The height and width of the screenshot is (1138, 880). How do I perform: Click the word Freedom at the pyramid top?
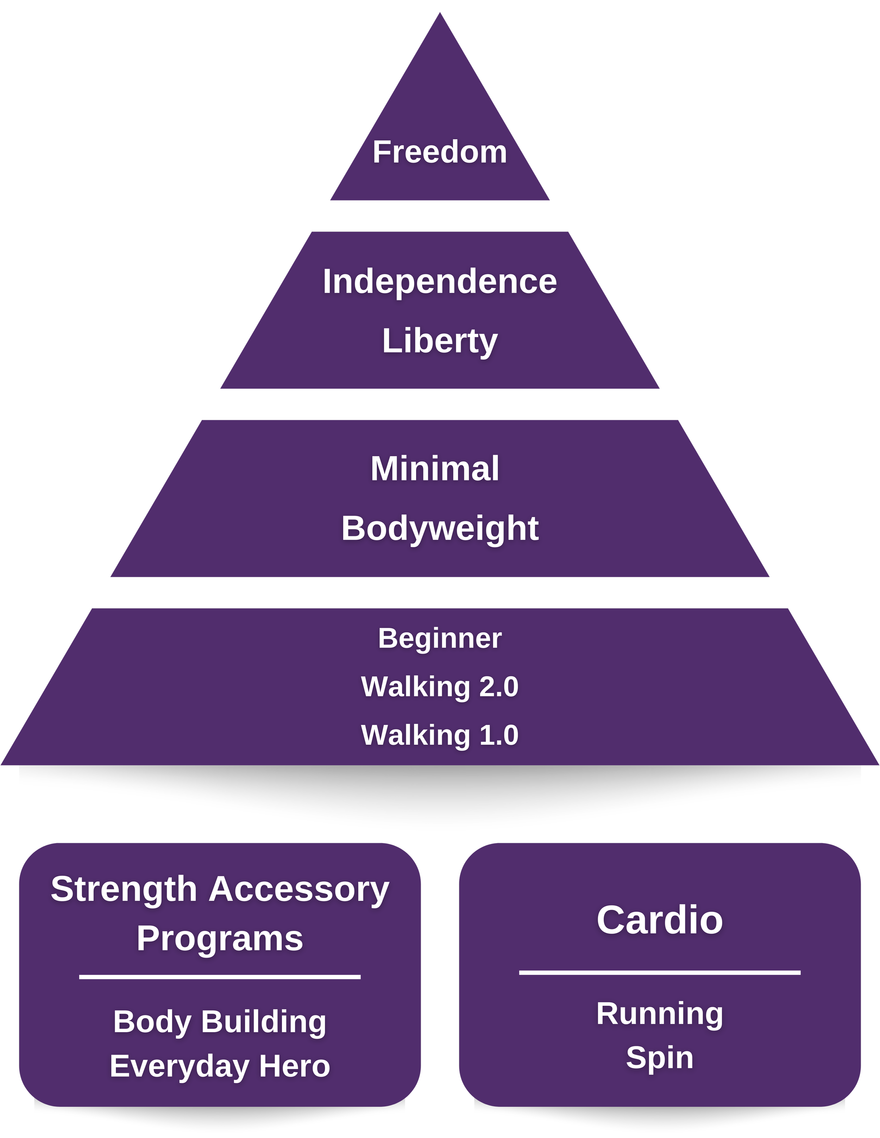click(x=440, y=152)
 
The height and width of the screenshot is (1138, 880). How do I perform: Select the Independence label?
click(x=440, y=282)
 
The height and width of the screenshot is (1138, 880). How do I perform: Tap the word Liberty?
click(x=440, y=341)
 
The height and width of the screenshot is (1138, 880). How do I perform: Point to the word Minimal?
click(x=435, y=469)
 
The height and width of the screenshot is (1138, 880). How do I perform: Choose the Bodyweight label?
click(x=440, y=528)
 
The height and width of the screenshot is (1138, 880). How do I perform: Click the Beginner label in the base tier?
click(x=440, y=638)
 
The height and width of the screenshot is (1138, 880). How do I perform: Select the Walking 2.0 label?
click(x=440, y=686)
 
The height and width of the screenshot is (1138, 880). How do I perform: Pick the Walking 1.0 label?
click(x=440, y=735)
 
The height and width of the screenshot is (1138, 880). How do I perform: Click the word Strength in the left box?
click(x=124, y=889)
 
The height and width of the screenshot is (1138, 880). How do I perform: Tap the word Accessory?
click(x=299, y=889)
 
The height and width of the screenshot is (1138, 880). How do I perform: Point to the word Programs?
click(x=220, y=939)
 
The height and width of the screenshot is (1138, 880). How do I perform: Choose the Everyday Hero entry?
click(x=220, y=1066)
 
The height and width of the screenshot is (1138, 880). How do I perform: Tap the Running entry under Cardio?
click(x=660, y=1013)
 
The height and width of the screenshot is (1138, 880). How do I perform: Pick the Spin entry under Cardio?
click(x=660, y=1058)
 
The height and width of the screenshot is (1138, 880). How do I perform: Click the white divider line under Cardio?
click(x=660, y=972)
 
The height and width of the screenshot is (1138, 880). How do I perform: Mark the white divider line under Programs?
click(x=220, y=977)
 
